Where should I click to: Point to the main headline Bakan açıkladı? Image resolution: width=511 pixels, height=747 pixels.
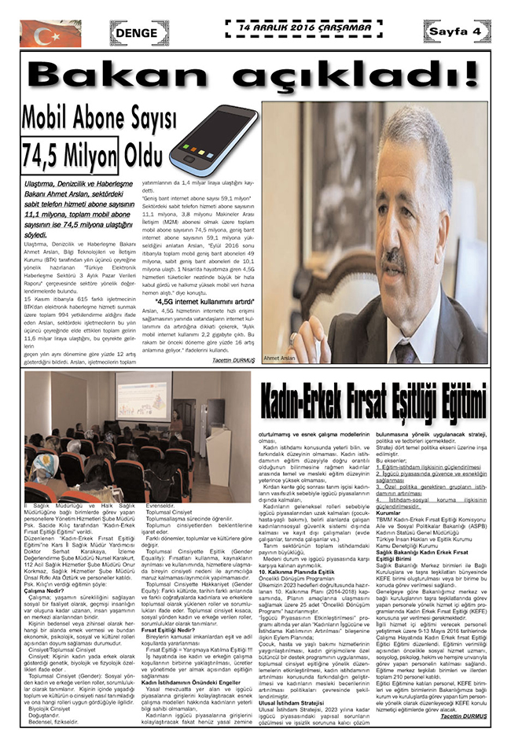(x=256, y=75)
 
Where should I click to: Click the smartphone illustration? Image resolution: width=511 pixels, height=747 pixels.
(x=213, y=138)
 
